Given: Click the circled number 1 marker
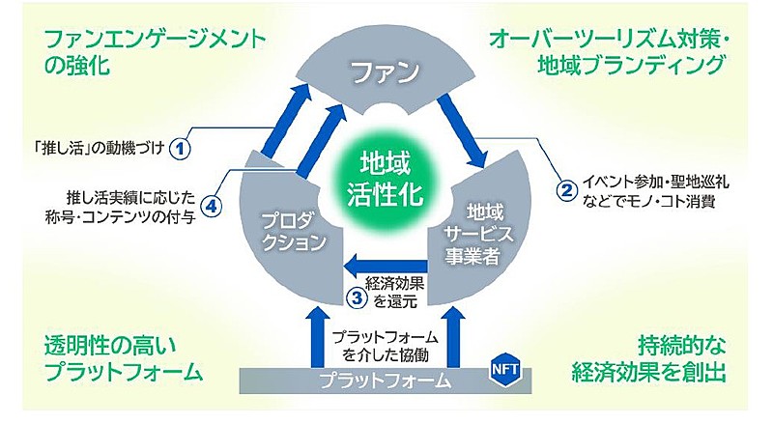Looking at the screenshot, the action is [x=180, y=148].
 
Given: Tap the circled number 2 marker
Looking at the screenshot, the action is [x=566, y=189].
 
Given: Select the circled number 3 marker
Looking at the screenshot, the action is [x=357, y=297].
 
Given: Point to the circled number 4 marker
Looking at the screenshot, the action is [x=211, y=206].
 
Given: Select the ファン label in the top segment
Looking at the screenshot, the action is [x=385, y=71].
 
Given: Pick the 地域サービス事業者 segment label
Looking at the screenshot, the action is [x=476, y=234].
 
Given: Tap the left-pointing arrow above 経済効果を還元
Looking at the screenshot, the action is [x=385, y=266].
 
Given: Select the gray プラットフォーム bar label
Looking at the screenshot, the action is [x=386, y=381].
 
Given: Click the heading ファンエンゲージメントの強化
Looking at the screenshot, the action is [x=155, y=52].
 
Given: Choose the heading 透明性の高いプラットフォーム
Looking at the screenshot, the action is [x=124, y=358].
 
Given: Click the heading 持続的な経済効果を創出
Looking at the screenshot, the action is [x=648, y=358].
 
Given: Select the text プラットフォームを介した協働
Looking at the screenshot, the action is [x=385, y=346].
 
